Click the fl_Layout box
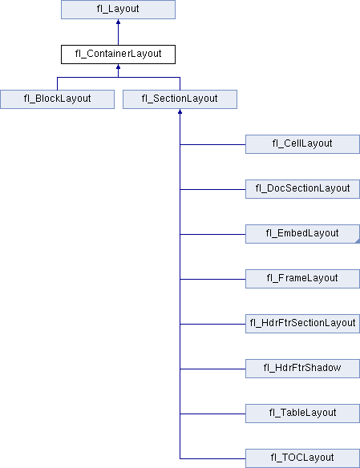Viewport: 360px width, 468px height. [118, 10]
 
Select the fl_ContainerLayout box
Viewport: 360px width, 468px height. [118, 54]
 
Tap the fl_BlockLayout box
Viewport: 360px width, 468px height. [57, 99]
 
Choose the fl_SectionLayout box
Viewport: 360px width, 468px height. [180, 99]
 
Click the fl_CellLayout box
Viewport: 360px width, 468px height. [303, 144]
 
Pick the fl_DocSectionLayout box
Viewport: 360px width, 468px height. [303, 189]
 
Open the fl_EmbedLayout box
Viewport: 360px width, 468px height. [303, 234]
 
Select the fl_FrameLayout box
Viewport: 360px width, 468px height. [303, 279]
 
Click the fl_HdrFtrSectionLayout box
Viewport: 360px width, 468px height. [303, 324]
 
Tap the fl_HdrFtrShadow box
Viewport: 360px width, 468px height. [303, 369]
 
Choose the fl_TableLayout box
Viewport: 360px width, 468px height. [303, 414]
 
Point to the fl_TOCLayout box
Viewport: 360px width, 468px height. [303, 458]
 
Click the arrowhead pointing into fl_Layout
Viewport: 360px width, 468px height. [118, 22]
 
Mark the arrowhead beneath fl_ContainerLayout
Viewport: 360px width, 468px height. [118, 67]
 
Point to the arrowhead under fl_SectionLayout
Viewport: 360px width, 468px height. [180, 111]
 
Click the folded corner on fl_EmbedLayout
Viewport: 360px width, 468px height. [358, 241]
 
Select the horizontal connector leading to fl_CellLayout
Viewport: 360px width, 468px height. [212, 145]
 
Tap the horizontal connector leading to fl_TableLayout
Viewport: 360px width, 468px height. [212, 414]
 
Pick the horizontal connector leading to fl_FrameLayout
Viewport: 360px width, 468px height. [212, 280]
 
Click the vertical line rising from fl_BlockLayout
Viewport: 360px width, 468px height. [57, 83]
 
